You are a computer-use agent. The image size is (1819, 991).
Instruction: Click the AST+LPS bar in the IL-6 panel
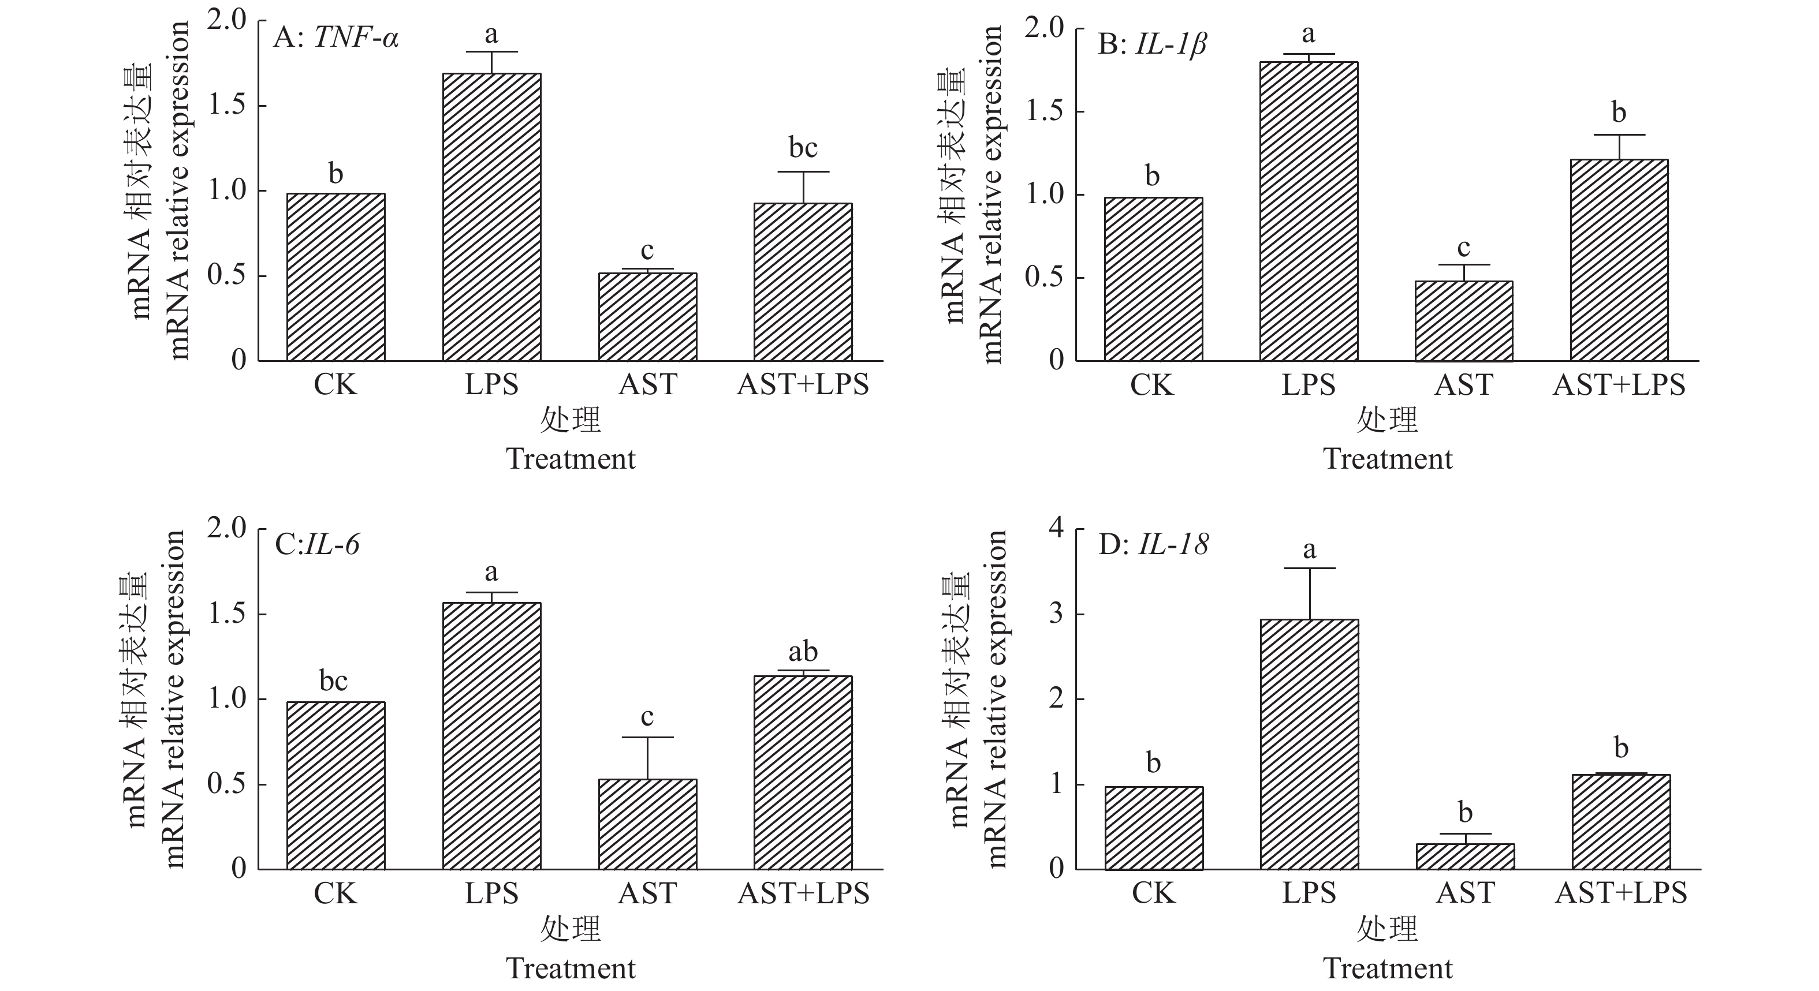(803, 772)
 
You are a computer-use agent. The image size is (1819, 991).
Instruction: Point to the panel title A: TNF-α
(336, 38)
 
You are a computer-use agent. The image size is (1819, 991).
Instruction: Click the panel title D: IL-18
(1153, 544)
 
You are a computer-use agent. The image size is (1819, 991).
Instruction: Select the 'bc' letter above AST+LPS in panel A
(803, 148)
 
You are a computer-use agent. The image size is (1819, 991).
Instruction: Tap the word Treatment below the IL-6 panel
(571, 968)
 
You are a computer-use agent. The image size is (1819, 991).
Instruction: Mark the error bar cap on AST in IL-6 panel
(647, 738)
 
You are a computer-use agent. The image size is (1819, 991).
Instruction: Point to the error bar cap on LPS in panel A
(491, 52)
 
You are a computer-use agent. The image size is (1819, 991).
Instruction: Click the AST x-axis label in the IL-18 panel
(1465, 893)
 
